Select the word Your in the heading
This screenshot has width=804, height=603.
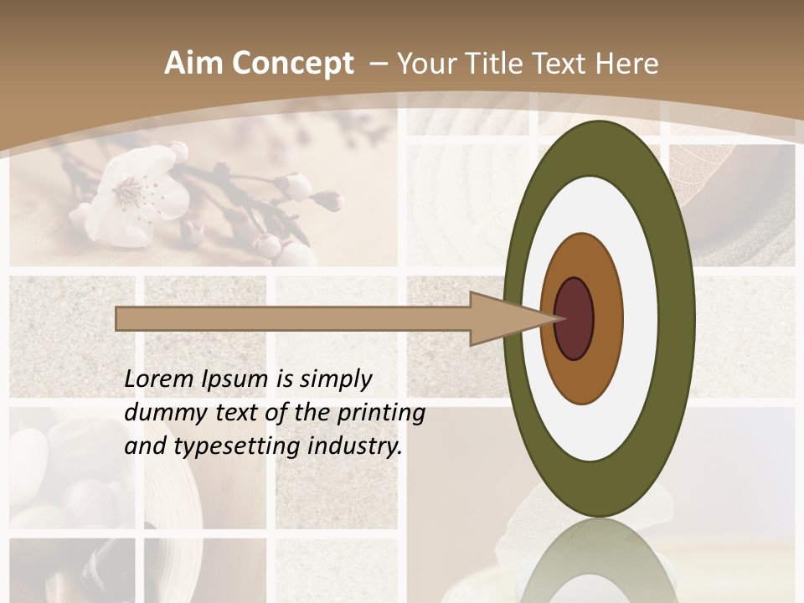(x=425, y=64)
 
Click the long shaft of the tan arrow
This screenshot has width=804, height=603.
(x=293, y=319)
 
